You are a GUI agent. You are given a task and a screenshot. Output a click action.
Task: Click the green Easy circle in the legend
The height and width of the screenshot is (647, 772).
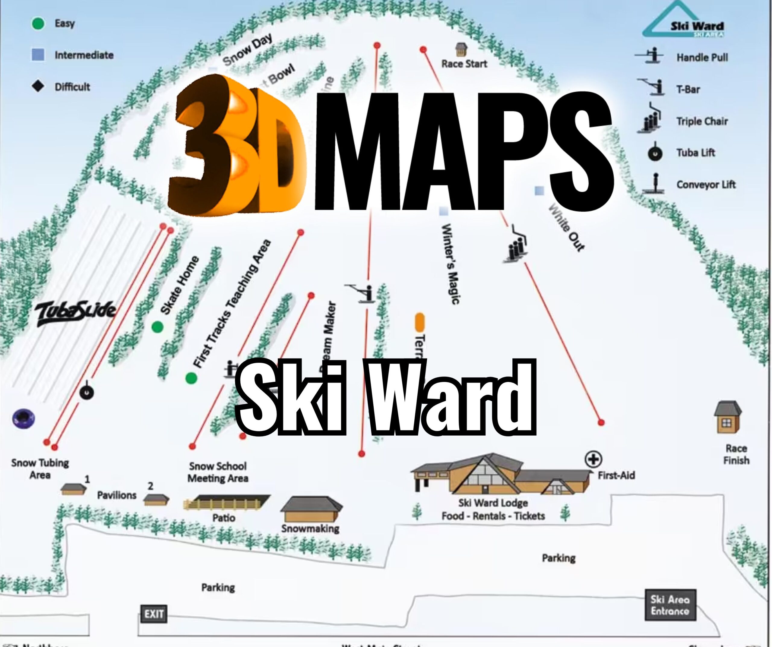[38, 24]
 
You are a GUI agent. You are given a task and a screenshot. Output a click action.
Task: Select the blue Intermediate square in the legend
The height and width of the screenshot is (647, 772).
[38, 55]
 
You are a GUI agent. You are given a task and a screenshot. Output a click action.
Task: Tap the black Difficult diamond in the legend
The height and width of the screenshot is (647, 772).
[38, 87]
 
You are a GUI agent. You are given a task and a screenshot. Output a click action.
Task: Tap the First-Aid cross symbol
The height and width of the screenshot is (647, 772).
[593, 459]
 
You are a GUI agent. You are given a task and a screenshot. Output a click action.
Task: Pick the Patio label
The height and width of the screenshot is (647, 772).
[223, 518]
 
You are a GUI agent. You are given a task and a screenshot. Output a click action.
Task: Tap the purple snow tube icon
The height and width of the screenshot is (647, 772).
[24, 419]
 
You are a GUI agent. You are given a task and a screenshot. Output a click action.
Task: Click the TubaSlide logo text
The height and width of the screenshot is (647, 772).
[75, 314]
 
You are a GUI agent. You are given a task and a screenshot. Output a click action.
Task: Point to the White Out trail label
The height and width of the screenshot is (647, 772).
[566, 228]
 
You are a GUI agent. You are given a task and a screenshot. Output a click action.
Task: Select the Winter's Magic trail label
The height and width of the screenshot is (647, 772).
[450, 264]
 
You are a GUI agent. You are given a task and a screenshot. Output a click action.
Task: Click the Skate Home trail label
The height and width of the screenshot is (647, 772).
[180, 285]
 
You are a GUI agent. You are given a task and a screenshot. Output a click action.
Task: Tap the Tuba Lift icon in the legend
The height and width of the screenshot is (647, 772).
[655, 153]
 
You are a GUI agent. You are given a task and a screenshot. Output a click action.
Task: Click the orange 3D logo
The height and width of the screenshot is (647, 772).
[235, 147]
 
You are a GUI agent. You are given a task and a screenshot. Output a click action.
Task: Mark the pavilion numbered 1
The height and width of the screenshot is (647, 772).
[74, 489]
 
